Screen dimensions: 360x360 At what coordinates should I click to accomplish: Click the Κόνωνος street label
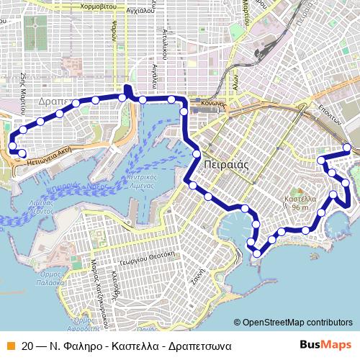213,103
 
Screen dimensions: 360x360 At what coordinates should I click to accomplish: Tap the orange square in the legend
9,346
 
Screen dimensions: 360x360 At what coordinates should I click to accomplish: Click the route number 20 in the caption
28,346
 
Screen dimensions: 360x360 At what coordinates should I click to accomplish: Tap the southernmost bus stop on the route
257,251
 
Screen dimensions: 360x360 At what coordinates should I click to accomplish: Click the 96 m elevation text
300,207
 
